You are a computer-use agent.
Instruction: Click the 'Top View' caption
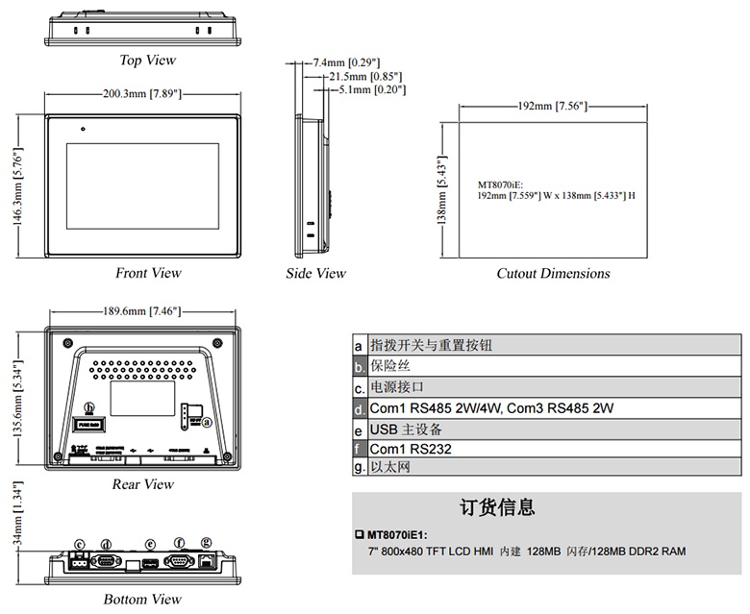pyautogui.click(x=147, y=61)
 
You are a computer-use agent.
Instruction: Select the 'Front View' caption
pyautogui.click(x=148, y=273)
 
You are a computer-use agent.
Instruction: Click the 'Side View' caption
pyautogui.click(x=315, y=274)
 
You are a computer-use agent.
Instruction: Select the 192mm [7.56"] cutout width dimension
pyautogui.click(x=552, y=105)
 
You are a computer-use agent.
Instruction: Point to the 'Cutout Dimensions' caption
pyautogui.click(x=553, y=274)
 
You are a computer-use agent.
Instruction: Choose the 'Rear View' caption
pyautogui.click(x=143, y=484)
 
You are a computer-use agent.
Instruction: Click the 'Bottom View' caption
pyautogui.click(x=142, y=600)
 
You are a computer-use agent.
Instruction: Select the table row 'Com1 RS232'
pyautogui.click(x=411, y=449)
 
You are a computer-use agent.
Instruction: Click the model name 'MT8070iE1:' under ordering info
pyautogui.click(x=396, y=533)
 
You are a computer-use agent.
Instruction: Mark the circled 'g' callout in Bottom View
pyautogui.click(x=206, y=543)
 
